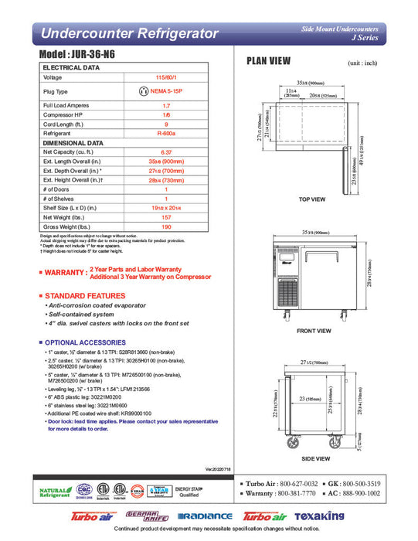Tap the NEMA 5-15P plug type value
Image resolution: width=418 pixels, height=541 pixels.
point(166,91)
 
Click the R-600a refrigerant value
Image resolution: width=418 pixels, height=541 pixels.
point(166,132)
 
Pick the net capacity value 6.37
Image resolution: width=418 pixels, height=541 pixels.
point(166,152)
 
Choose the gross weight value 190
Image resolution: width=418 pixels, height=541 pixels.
point(166,226)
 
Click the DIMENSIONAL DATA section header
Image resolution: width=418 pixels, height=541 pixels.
point(73,142)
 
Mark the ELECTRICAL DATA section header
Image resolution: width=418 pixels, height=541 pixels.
point(71,67)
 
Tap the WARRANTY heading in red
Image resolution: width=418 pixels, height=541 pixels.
point(64,272)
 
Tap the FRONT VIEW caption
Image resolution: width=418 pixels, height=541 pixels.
point(314,330)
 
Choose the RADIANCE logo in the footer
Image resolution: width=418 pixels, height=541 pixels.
point(208,515)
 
